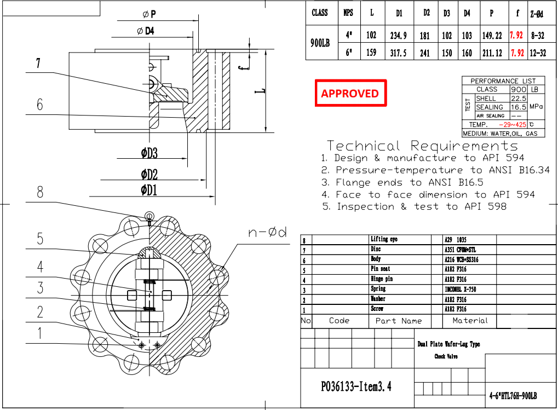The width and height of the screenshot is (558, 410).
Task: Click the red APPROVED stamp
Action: tap(350, 93)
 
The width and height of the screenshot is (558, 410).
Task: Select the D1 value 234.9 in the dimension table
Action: tap(398, 36)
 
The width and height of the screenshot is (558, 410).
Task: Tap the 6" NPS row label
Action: tap(348, 53)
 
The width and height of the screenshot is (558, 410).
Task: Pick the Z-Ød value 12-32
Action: tap(538, 53)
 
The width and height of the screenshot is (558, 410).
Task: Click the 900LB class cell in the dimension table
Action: tap(320, 45)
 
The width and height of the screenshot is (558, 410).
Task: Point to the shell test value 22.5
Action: tap(518, 98)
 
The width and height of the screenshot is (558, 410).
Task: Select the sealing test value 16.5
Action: tap(518, 107)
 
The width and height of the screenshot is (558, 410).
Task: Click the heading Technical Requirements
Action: tap(422, 146)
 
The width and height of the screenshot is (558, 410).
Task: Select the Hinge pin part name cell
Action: tap(382, 279)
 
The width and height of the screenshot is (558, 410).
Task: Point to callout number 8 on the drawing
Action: tap(40, 192)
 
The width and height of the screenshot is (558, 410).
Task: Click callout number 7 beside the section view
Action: tap(38, 63)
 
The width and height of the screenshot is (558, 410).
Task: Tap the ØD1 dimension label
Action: tap(149, 190)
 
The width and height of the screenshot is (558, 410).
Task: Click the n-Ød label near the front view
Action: tap(268, 232)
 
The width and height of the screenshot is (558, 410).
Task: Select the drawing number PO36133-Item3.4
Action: tap(356, 387)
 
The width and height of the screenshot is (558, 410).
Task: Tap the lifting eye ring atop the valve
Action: tap(149, 215)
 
